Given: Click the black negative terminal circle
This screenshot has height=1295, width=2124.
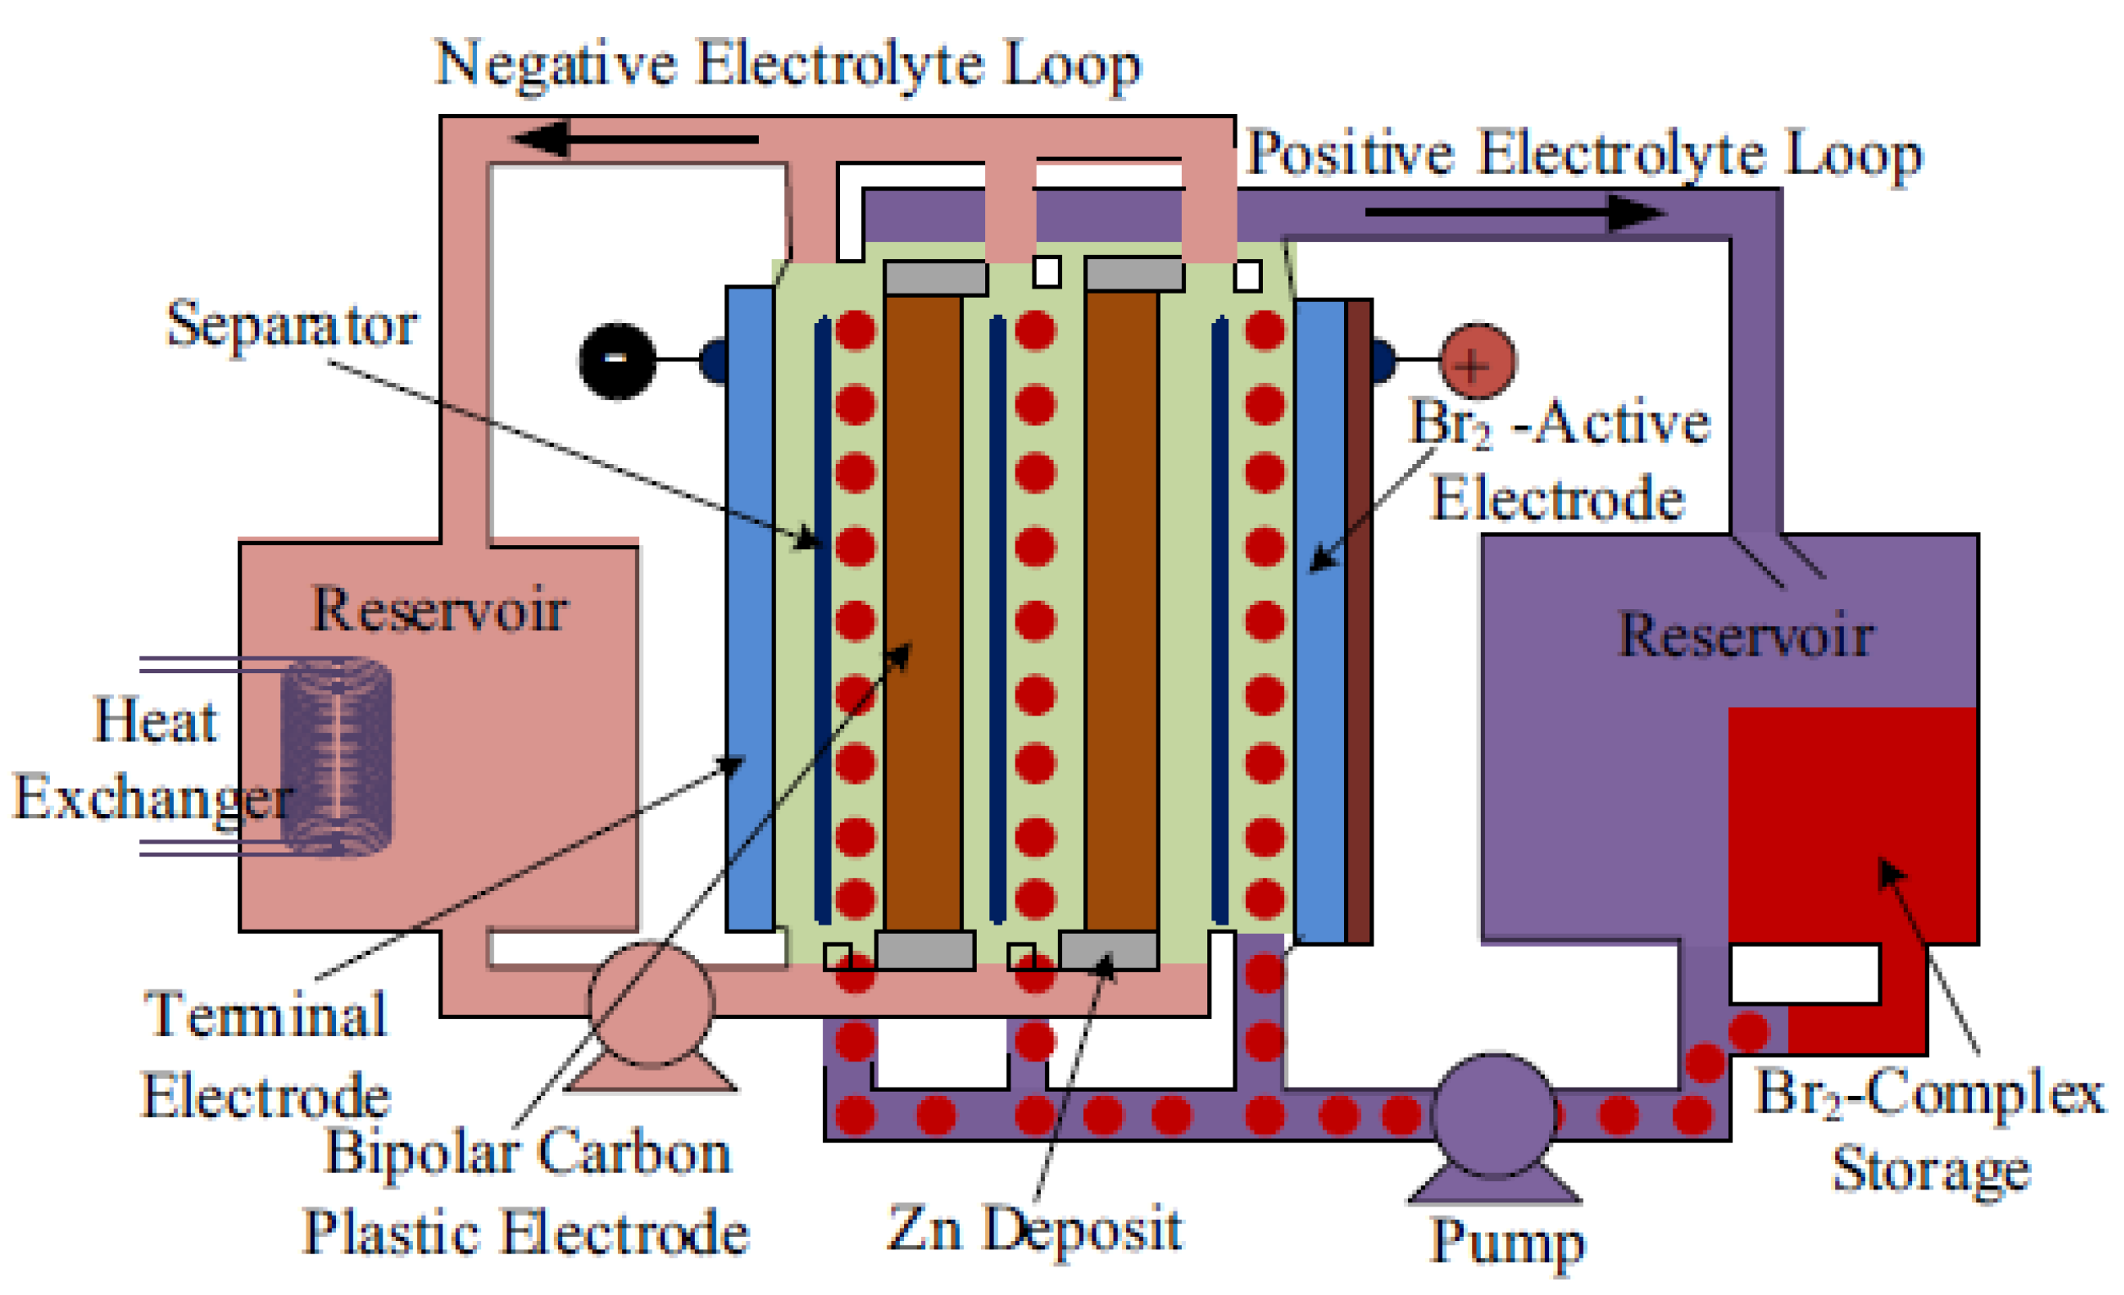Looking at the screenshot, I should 617,360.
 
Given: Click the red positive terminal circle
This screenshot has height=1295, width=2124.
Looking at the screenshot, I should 1477,362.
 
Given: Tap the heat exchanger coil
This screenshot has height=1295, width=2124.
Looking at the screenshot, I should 337,757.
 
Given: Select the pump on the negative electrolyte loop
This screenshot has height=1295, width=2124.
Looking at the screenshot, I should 652,1005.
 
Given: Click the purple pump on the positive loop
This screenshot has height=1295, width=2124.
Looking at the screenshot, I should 1494,1116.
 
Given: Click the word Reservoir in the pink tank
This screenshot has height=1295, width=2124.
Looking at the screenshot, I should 439,610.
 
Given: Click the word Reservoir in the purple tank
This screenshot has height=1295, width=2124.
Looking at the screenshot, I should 1747,636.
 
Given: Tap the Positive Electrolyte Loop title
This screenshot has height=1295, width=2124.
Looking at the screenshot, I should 1585,155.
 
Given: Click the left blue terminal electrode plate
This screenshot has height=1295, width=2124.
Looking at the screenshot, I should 749,608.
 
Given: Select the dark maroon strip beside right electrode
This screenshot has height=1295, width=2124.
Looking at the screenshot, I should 1358,620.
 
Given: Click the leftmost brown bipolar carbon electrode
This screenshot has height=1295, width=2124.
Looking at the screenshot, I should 924,612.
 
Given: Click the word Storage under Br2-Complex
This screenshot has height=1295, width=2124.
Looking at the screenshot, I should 1931,1170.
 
